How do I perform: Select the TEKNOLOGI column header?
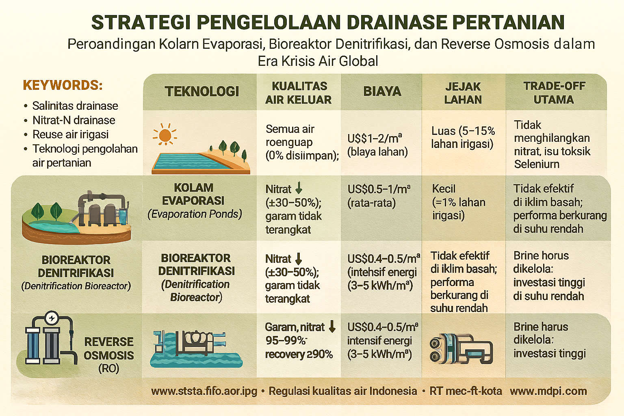point(202,91)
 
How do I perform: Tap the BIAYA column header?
point(382,91)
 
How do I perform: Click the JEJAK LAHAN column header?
point(463,93)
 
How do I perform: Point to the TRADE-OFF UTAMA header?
point(554,93)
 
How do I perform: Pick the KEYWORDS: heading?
point(63,85)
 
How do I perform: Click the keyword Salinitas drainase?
point(75,106)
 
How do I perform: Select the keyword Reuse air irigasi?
point(70,134)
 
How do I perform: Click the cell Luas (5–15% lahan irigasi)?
point(463,137)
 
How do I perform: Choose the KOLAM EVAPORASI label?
point(193,194)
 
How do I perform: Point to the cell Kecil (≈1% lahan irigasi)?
point(459,202)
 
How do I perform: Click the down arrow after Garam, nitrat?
point(332,327)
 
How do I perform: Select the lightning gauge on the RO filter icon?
point(52,318)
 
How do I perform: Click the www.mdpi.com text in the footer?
point(548,391)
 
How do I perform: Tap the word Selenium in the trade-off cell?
point(537,164)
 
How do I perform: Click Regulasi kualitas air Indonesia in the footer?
point(343,391)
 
